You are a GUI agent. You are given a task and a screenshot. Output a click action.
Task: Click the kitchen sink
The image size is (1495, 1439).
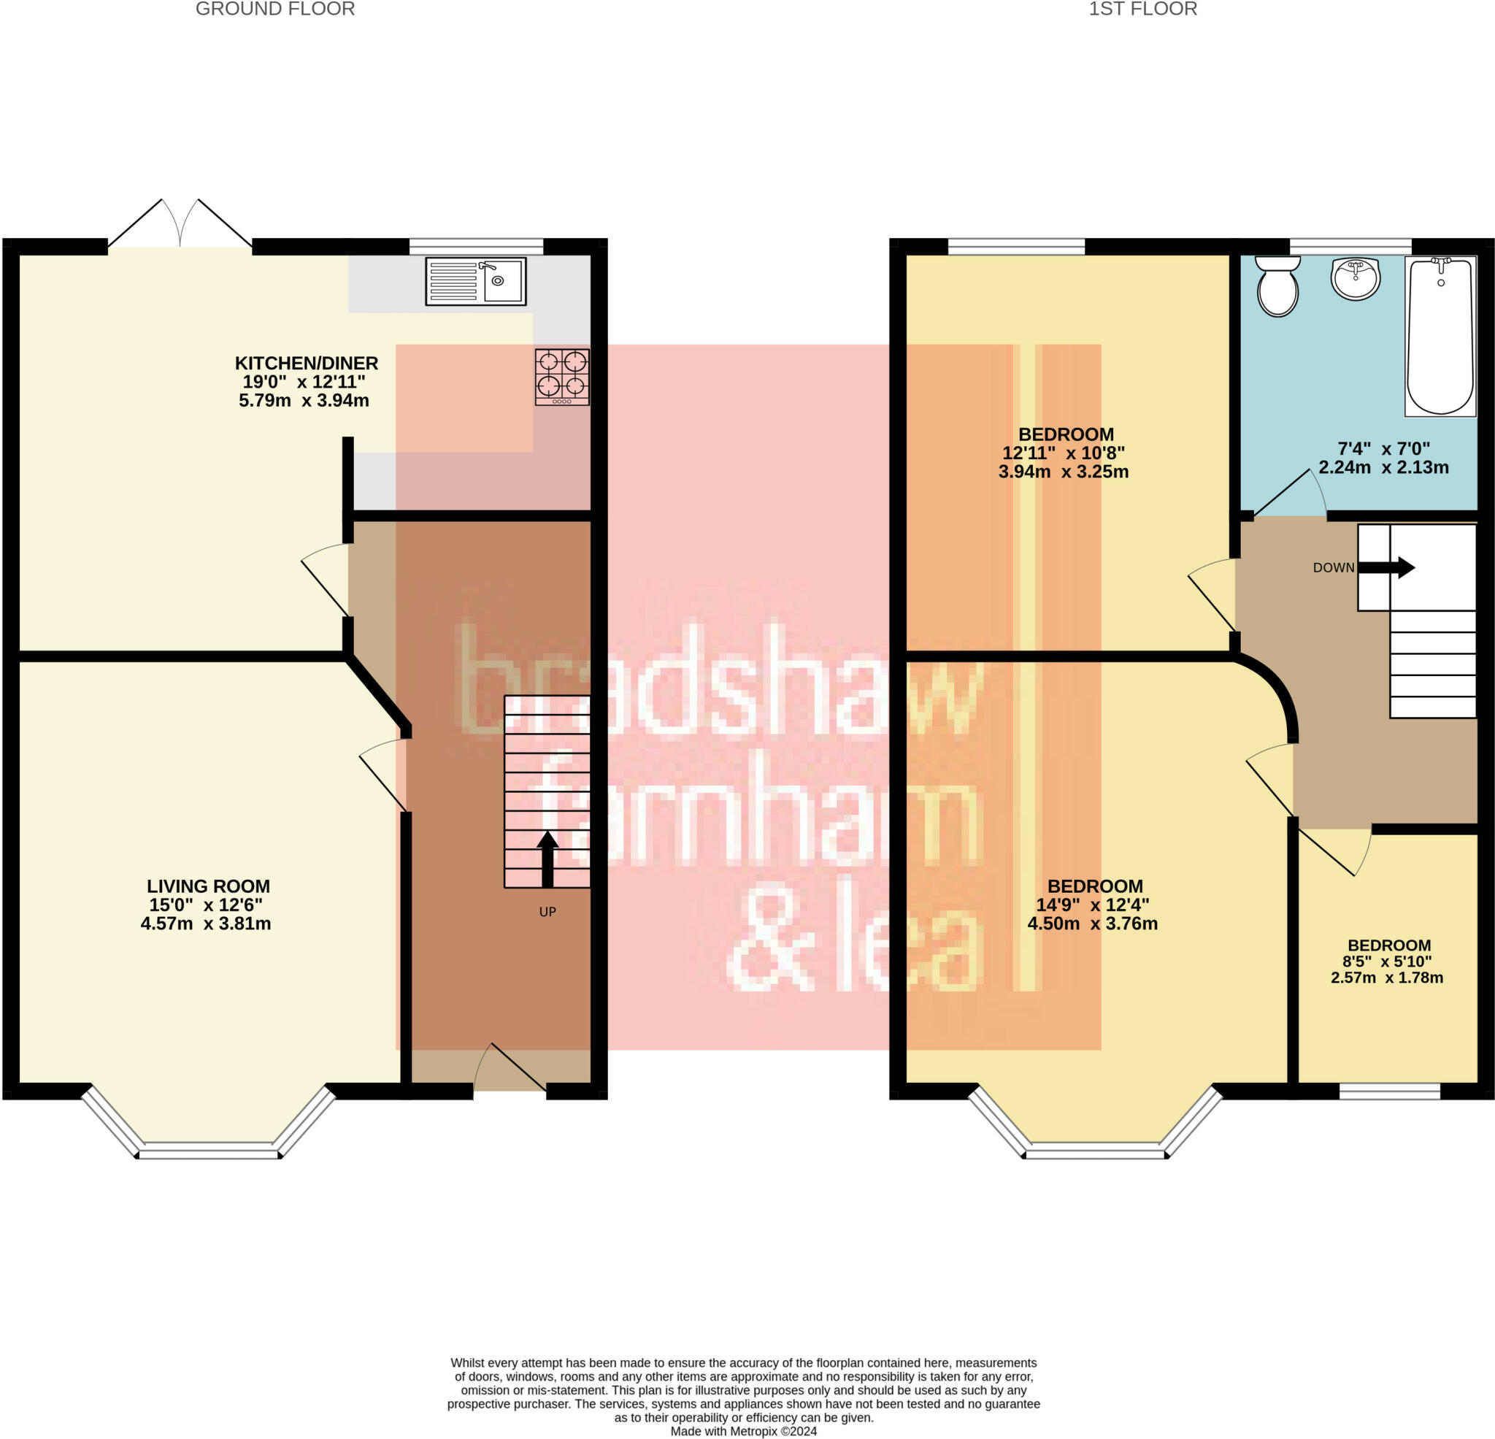pyautogui.click(x=475, y=282)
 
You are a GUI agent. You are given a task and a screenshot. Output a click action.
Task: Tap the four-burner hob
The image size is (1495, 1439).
pyautogui.click(x=562, y=377)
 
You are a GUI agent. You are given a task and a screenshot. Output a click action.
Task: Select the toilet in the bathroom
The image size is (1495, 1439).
pyautogui.click(x=1277, y=286)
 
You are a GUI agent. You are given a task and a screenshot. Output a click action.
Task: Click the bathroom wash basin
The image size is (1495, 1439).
pyautogui.click(x=1356, y=278)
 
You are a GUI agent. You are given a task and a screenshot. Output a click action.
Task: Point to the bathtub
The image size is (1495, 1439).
pyautogui.click(x=1440, y=337)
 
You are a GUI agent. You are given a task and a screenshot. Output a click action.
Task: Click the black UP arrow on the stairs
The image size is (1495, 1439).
pyautogui.click(x=547, y=859)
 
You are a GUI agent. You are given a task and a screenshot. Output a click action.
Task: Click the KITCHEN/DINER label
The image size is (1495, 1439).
pyautogui.click(x=307, y=363)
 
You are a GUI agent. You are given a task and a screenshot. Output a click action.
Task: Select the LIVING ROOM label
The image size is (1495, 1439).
pyautogui.click(x=208, y=886)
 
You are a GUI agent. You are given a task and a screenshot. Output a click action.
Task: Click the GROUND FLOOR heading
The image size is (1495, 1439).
pyautogui.click(x=275, y=9)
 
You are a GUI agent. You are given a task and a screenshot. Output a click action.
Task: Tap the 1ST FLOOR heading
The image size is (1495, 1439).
pyautogui.click(x=1142, y=9)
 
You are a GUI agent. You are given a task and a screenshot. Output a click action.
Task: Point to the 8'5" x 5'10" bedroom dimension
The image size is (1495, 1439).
pyautogui.click(x=1388, y=962)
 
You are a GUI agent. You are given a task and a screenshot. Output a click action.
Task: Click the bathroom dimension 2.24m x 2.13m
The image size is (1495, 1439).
pyautogui.click(x=1383, y=468)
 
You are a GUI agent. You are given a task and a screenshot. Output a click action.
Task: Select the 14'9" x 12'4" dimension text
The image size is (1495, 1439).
pyautogui.click(x=1092, y=905)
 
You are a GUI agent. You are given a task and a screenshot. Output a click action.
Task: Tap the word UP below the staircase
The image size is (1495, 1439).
pyautogui.click(x=547, y=912)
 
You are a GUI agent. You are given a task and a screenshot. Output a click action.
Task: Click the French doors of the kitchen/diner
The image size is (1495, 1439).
pyautogui.click(x=180, y=223)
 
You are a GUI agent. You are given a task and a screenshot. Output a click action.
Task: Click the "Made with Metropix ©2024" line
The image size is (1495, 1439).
pyautogui.click(x=744, y=1432)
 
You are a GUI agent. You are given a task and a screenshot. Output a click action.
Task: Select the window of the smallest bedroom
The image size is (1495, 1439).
pyautogui.click(x=1390, y=1091)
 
